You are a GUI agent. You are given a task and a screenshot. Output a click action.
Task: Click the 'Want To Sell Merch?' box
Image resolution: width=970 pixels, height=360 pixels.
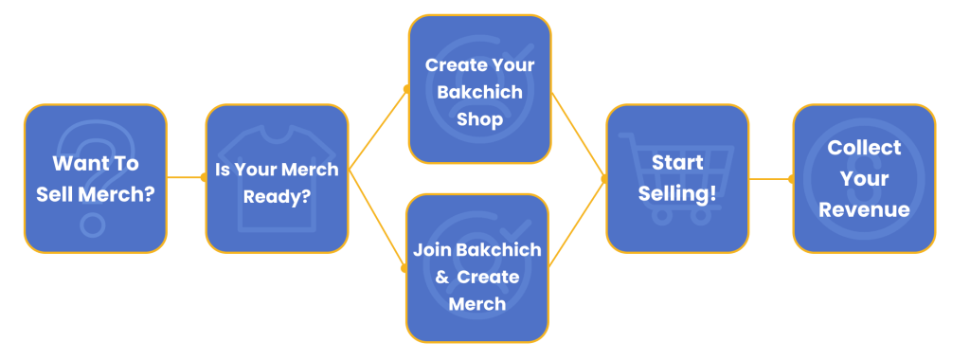click(95, 178)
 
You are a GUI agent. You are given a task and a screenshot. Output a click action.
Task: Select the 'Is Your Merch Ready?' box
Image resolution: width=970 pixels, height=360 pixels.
click(278, 178)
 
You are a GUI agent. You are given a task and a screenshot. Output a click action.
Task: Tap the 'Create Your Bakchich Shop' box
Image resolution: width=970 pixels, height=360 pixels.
click(479, 90)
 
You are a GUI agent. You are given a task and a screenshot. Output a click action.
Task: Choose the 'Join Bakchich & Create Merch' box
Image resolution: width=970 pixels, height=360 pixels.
click(477, 267)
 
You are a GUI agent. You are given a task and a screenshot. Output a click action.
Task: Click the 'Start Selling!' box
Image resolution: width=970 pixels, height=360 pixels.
click(677, 178)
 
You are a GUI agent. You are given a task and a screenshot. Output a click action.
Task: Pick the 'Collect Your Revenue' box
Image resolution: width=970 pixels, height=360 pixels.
click(864, 178)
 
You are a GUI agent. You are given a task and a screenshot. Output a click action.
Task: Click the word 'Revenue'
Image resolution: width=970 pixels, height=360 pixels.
click(864, 209)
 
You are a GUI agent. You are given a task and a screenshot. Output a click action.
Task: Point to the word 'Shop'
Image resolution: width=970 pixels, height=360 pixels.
click(479, 120)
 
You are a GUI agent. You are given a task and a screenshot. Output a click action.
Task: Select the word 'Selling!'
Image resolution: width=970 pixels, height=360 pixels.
click(677, 193)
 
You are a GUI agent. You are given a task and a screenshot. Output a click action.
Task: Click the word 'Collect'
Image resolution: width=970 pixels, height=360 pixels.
click(864, 148)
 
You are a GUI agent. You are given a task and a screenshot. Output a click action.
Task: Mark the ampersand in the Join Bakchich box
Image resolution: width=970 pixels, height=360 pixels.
click(441, 278)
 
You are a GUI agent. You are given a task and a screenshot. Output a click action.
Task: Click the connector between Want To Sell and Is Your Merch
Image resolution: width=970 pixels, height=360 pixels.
click(186, 177)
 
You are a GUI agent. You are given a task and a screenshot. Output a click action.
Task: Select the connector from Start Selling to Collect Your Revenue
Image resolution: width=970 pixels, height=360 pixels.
click(770, 178)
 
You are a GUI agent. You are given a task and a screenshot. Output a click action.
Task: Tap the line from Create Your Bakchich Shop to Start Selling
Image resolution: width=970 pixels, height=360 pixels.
click(578, 133)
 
